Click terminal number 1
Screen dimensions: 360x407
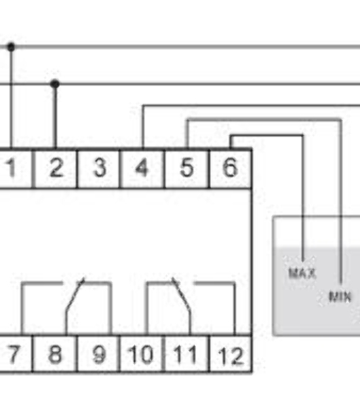[11, 168]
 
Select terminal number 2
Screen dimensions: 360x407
[56, 168]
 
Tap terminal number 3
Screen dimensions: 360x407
[100, 168]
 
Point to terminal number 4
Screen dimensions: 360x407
[142, 168]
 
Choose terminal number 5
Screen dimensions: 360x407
[186, 168]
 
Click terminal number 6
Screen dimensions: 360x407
[230, 168]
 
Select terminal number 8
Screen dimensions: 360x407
[55, 354]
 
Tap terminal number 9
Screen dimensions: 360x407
[100, 354]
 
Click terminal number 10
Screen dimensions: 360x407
[141, 354]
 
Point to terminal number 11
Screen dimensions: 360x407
[184, 354]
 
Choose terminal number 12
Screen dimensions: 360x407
[231, 355]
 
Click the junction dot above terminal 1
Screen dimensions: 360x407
[11, 47]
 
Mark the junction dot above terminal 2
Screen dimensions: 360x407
[55, 84]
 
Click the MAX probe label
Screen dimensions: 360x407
[302, 273]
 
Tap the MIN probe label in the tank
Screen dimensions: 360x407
[340, 296]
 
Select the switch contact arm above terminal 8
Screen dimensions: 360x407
[75, 293]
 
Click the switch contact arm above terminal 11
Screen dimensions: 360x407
[182, 293]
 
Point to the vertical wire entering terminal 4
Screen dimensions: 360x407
[143, 127]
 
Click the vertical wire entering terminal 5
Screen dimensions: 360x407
[187, 134]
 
